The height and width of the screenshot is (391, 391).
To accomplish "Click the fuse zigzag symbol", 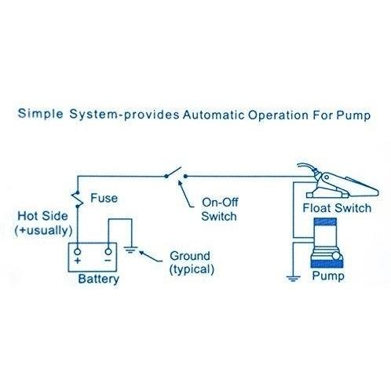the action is point(78,199).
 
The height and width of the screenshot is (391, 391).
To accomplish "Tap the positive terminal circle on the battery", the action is point(78,252).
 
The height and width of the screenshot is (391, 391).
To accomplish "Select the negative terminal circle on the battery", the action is point(108,252).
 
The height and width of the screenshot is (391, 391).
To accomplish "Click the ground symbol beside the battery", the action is point(131,250).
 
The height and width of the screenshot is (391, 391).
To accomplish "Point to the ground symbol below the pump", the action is point(293,279).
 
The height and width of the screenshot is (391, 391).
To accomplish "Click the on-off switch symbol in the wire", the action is point(176,174).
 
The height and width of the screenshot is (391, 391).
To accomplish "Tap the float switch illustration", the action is point(338,181).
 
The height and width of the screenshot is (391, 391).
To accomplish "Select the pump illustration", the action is point(327,243).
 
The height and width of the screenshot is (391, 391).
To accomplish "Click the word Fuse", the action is point(104,198).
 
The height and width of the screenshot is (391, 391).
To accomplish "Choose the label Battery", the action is point(99,279).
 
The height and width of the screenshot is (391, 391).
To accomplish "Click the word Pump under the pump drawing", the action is point(328,276).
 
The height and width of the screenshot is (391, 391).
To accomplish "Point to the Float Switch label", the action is point(337,208).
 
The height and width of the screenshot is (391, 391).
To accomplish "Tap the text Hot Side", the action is point(42,216).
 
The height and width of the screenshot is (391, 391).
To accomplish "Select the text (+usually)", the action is point(43,231).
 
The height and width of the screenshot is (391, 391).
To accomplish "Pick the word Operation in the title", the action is point(278,115).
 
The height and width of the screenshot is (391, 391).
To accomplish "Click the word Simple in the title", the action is point(40,114).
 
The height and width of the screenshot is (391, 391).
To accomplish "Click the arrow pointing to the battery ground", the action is point(151,257).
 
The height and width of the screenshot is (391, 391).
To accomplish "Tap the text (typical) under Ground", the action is point(192,269).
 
